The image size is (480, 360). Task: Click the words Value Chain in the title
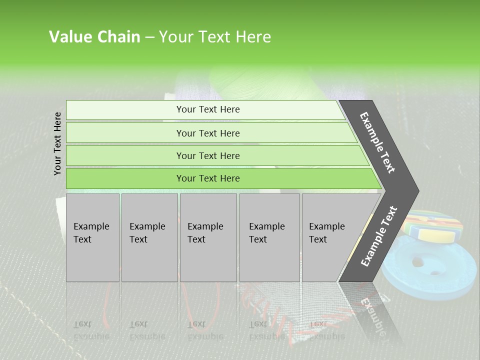pos(94,37)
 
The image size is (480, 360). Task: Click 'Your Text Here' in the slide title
pos(215,37)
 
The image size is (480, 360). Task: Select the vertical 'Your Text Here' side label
pos(57,143)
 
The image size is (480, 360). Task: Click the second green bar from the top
pos(207,133)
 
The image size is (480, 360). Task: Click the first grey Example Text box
pos(92,237)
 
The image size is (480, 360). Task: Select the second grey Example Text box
pos(149,237)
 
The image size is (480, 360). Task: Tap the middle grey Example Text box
pos(208,237)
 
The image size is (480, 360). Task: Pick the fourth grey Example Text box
pos(269,237)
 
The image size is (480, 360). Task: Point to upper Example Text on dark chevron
pos(377,142)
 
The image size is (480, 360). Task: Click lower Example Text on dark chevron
pos(379,236)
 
